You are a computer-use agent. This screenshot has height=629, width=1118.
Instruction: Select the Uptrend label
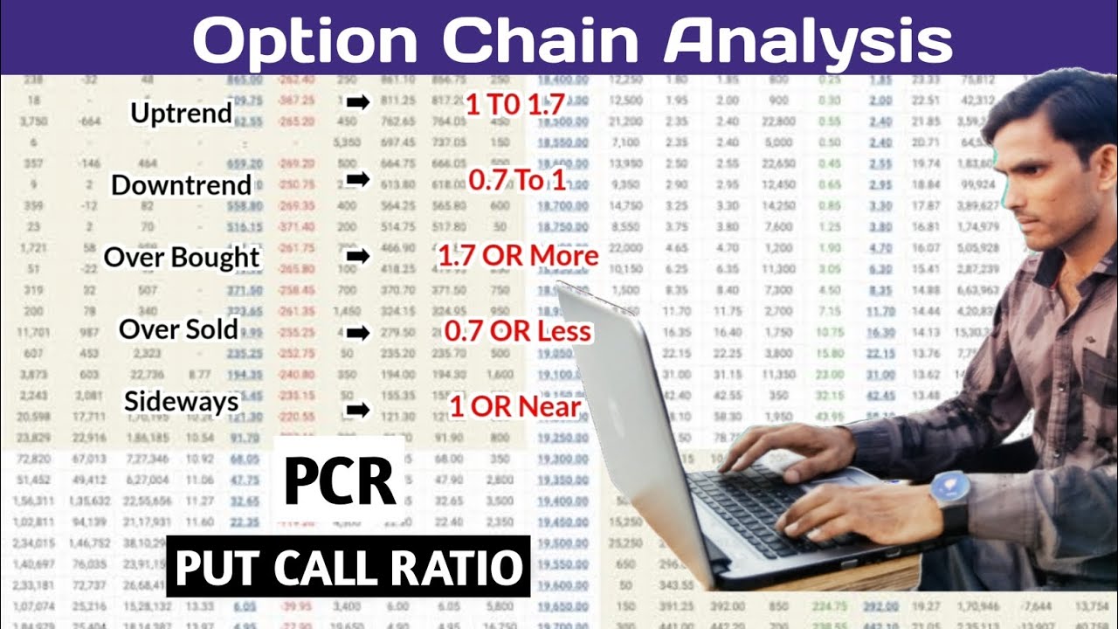tap(181, 113)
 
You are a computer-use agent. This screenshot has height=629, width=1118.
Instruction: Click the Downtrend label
tap(181, 185)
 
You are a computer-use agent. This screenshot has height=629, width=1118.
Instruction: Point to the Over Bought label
tap(182, 258)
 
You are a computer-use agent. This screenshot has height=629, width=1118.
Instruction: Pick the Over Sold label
tap(178, 329)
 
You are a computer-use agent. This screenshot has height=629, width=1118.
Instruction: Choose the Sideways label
tap(181, 402)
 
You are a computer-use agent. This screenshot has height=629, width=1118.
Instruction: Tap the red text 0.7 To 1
tap(517, 181)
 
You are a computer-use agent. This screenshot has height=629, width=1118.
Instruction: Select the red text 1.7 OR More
tap(518, 257)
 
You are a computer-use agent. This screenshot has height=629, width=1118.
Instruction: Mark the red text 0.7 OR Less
tap(518, 332)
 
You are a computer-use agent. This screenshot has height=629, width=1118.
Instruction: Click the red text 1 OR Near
tap(515, 406)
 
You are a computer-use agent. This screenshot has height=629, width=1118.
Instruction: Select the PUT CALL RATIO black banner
tap(348, 567)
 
